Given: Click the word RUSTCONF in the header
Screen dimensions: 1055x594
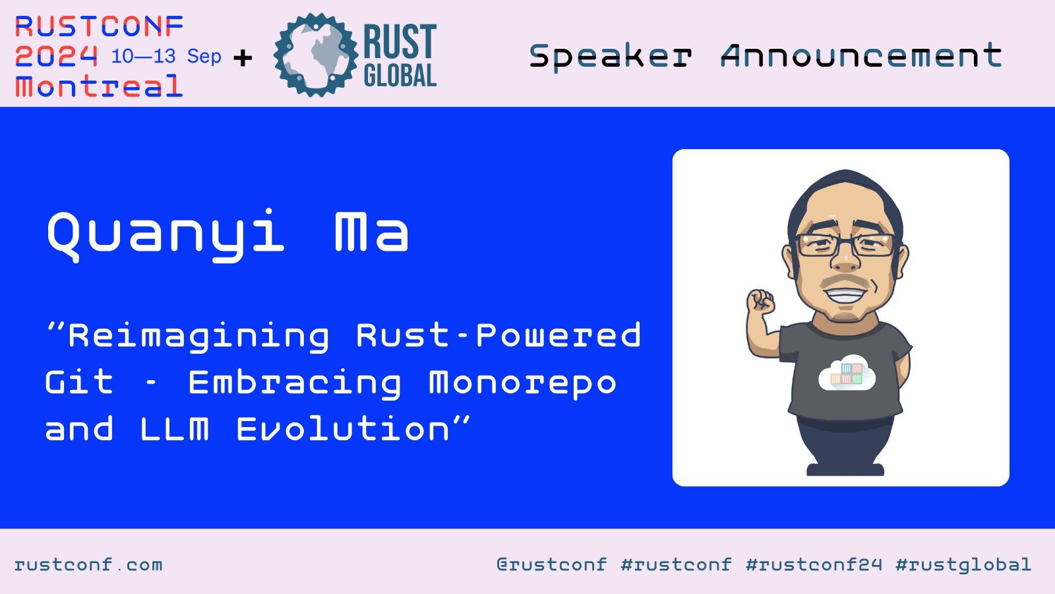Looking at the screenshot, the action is point(100,26).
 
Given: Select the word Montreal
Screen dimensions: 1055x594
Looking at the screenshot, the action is point(99,86).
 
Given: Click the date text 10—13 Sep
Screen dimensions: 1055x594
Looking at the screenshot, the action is point(166,57).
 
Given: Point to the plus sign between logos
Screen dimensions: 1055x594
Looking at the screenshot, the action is point(243,58).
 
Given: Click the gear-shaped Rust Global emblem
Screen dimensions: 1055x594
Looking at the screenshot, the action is point(316,55).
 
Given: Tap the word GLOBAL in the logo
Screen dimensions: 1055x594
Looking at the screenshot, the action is point(400,76).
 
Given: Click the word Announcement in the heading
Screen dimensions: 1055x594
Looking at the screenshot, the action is point(861,55).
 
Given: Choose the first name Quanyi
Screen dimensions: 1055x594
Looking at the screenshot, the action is point(166,234).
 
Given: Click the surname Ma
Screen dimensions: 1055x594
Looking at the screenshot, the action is point(371,232).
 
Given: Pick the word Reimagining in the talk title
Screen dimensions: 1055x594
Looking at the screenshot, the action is point(198,336).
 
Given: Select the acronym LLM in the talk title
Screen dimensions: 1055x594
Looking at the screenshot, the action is point(175,428).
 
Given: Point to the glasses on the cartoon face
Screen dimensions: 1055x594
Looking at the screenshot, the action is point(845,245).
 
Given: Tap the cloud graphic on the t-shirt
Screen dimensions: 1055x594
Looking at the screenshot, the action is point(847,372).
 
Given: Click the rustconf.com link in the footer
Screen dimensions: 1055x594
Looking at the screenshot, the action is point(88,564).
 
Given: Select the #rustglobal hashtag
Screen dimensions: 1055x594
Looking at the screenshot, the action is point(963,564).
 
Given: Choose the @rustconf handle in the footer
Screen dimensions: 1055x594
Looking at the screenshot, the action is point(552,564).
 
